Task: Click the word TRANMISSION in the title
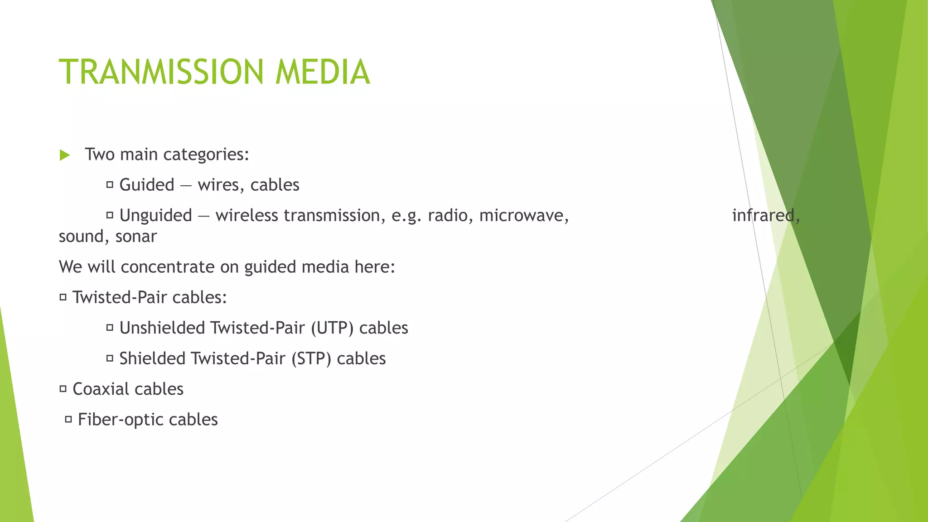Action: click(161, 72)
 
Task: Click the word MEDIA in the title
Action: click(323, 72)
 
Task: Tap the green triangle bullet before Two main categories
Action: click(65, 155)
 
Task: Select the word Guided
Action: click(147, 185)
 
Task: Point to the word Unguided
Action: click(156, 215)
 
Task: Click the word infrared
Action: click(764, 215)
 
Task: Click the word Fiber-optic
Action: click(121, 420)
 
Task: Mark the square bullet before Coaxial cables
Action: click(63, 389)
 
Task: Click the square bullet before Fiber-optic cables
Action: click(68, 420)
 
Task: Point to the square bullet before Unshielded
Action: click(110, 328)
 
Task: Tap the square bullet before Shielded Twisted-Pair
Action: click(110, 358)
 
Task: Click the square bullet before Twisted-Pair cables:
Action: click(63, 297)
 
